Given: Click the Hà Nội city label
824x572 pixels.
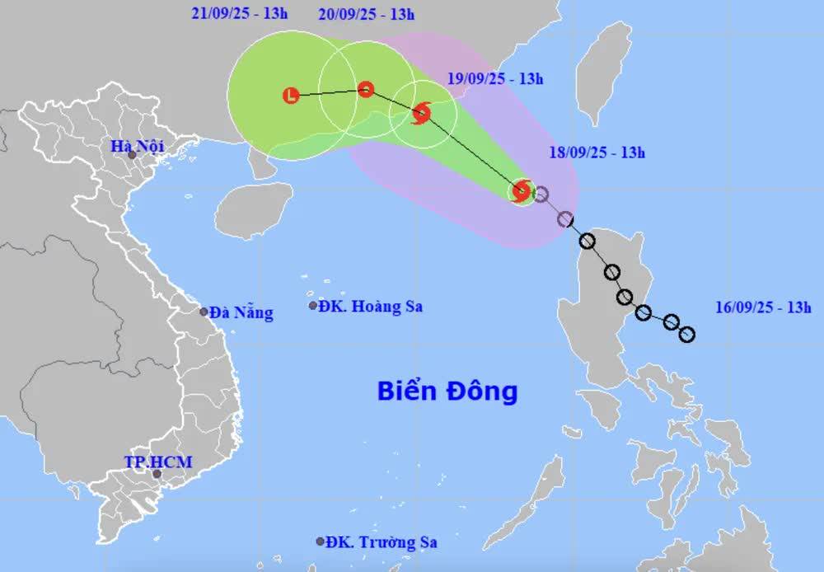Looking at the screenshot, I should click(x=138, y=147).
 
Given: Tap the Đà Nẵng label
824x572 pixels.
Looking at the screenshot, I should click(x=241, y=312).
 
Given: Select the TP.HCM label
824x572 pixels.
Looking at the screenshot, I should click(x=157, y=462).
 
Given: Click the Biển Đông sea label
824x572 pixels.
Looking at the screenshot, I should click(x=447, y=390).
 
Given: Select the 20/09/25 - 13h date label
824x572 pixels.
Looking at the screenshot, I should click(x=366, y=14).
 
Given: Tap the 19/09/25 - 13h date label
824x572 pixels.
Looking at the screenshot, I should click(x=496, y=79).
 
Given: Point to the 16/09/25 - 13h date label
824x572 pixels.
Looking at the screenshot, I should click(x=763, y=307).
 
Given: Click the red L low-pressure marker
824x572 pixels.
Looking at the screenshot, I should click(x=290, y=96).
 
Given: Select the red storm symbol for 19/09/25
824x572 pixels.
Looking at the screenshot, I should click(x=421, y=113).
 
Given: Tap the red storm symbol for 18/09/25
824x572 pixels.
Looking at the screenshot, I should click(x=521, y=191).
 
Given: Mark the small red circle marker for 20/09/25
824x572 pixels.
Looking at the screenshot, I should click(x=366, y=89).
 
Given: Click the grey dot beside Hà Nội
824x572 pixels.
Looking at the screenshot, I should click(x=131, y=155).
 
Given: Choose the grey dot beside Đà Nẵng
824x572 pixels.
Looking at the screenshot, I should click(x=204, y=312).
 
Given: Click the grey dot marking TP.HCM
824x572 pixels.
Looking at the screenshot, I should click(x=157, y=474).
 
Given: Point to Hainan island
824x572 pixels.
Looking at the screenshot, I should click(x=253, y=208).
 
